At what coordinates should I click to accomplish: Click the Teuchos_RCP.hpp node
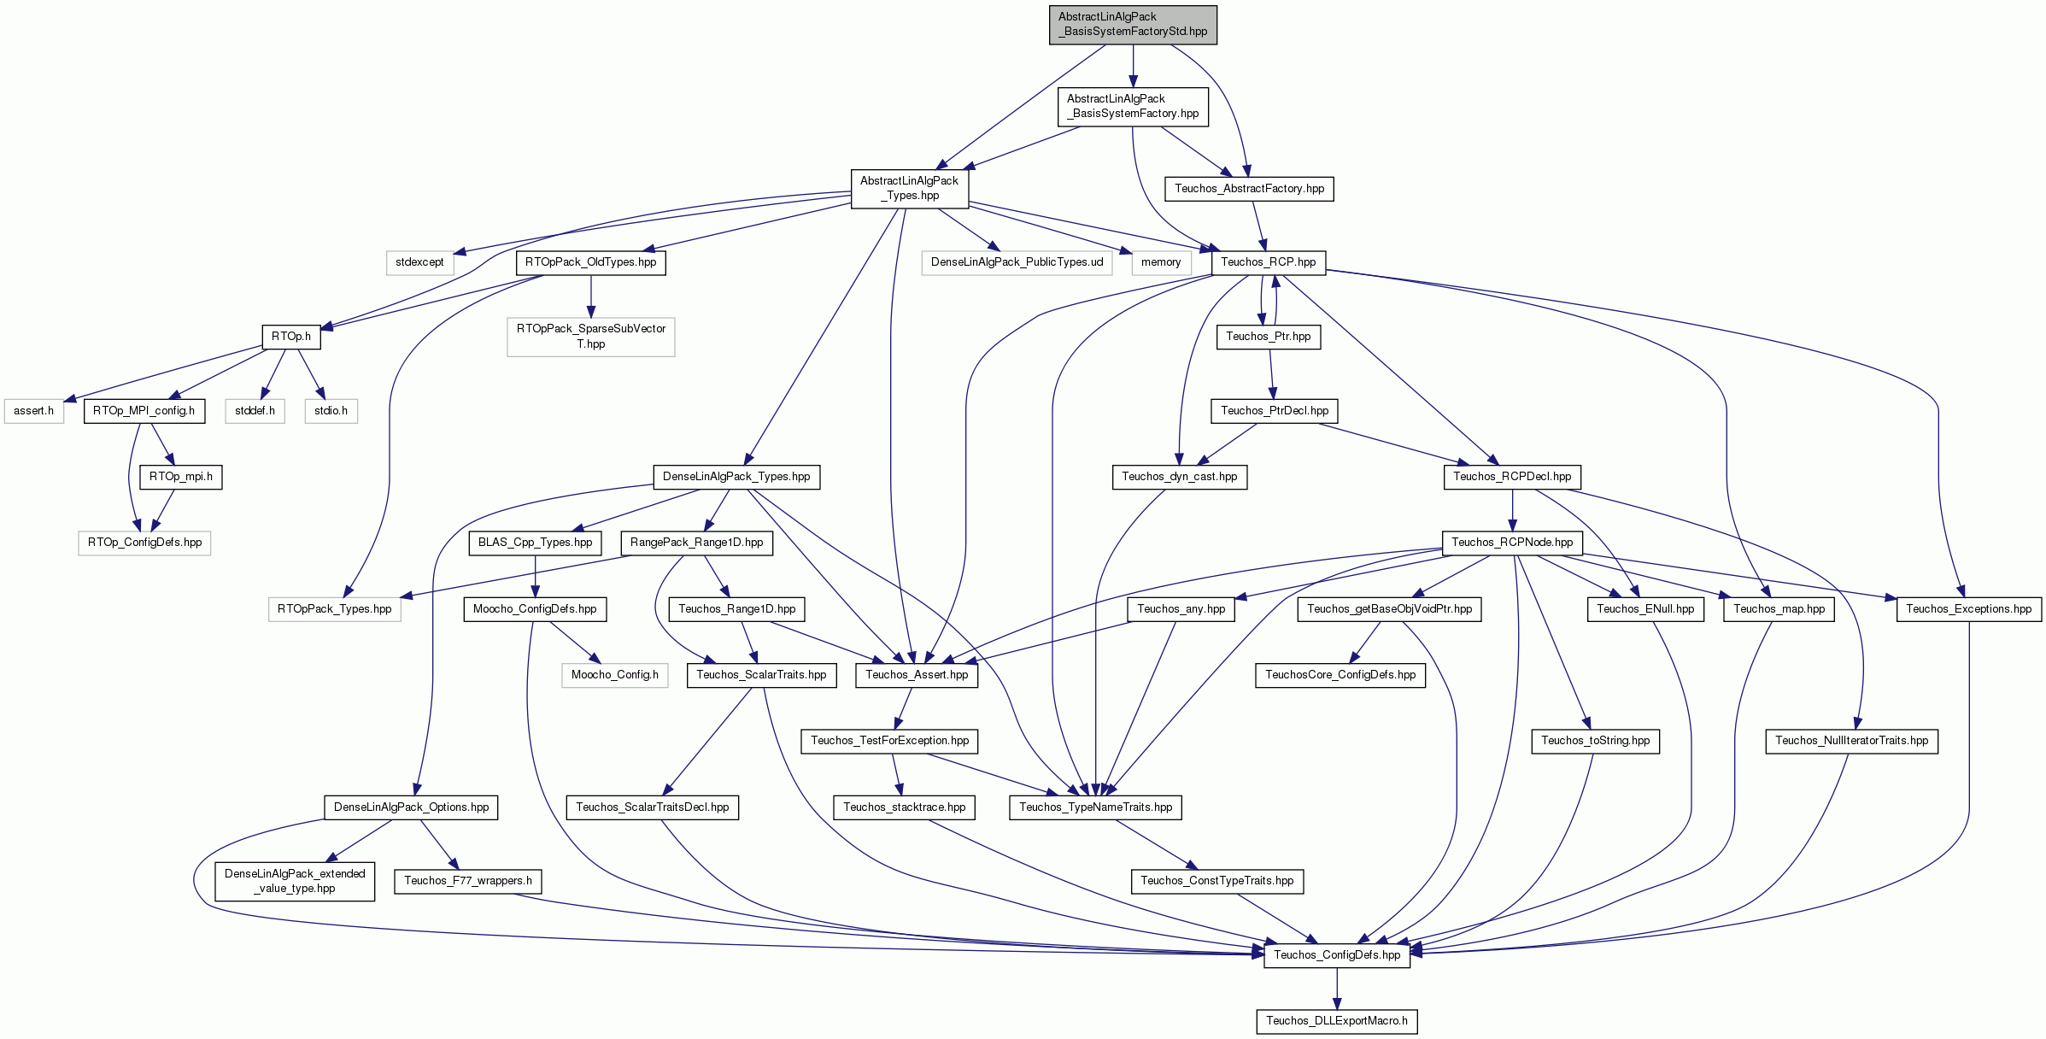[x=1269, y=262]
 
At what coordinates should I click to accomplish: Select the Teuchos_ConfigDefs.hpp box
[x=1337, y=955]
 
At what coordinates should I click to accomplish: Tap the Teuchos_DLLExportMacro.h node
[x=1337, y=1021]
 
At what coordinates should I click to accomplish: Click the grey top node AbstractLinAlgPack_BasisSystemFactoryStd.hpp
[x=1133, y=24]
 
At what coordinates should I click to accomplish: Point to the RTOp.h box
[x=291, y=337]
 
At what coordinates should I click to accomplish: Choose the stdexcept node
[x=419, y=262]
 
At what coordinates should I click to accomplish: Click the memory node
[x=1161, y=262]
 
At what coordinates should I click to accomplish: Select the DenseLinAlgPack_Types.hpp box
[x=736, y=477]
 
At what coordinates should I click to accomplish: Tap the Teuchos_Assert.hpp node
[x=917, y=675]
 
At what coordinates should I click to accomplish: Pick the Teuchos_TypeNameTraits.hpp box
[x=1096, y=807]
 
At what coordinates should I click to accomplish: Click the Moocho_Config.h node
[x=615, y=675]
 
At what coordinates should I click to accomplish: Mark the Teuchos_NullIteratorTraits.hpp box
[x=1852, y=741]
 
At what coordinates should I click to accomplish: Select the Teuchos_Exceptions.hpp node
[x=1969, y=609]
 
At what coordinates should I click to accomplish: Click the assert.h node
[x=34, y=411]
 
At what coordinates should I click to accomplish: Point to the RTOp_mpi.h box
[x=181, y=477]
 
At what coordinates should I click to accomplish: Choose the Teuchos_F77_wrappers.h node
[x=468, y=881]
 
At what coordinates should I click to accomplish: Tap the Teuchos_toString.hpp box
[x=1596, y=741]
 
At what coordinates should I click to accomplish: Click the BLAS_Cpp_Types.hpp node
[x=535, y=543]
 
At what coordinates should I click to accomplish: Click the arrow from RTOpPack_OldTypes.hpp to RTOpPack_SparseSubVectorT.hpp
[x=590, y=296]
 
